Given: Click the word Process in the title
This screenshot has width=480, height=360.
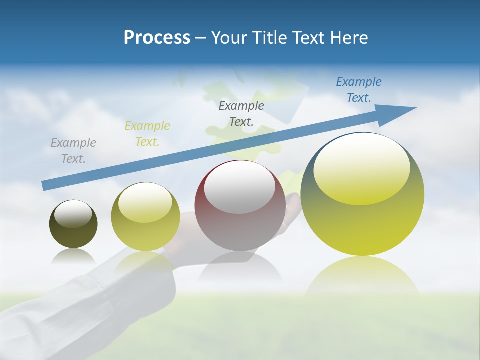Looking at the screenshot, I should (157, 38).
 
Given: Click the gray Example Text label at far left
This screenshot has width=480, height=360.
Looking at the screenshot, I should (73, 151).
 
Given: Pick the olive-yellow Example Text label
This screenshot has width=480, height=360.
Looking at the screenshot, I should (147, 134).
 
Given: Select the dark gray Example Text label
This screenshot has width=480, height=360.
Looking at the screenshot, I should (241, 113).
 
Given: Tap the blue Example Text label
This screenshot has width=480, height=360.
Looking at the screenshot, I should (359, 90).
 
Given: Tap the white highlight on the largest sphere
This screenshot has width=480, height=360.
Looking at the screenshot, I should (361, 167).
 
